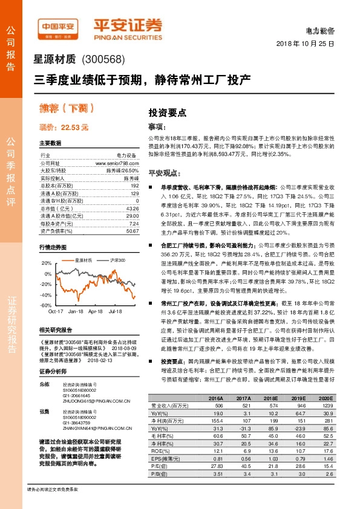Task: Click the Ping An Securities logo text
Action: (x=127, y=27)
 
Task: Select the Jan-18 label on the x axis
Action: (x=76, y=311)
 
